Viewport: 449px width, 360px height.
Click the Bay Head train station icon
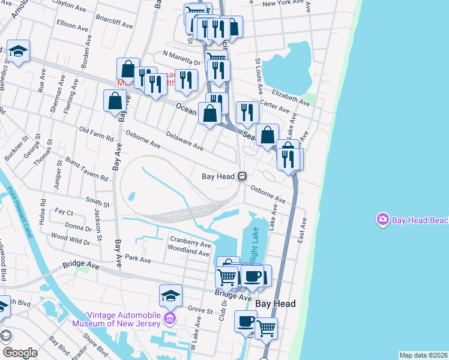pos(242,176)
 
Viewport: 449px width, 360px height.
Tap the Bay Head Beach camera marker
pos(382,220)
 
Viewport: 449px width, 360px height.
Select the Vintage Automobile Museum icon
pos(170,317)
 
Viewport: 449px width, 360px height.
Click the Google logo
pos(20,353)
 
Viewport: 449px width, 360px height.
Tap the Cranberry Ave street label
pos(190,242)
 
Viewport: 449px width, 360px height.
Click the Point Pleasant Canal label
pos(26,207)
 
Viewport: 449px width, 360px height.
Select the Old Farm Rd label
pos(96,134)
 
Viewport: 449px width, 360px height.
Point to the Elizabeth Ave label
pos(291,97)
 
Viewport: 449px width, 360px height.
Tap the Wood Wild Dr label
pos(70,239)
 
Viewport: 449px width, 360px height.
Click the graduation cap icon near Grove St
pos(170,295)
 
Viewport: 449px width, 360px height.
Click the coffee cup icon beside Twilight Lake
pos(253,276)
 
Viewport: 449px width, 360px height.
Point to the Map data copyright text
pos(424,355)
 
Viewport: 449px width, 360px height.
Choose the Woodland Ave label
pos(188,251)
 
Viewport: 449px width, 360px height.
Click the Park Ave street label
pos(137,260)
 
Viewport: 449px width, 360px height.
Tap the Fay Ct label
pos(64,212)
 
